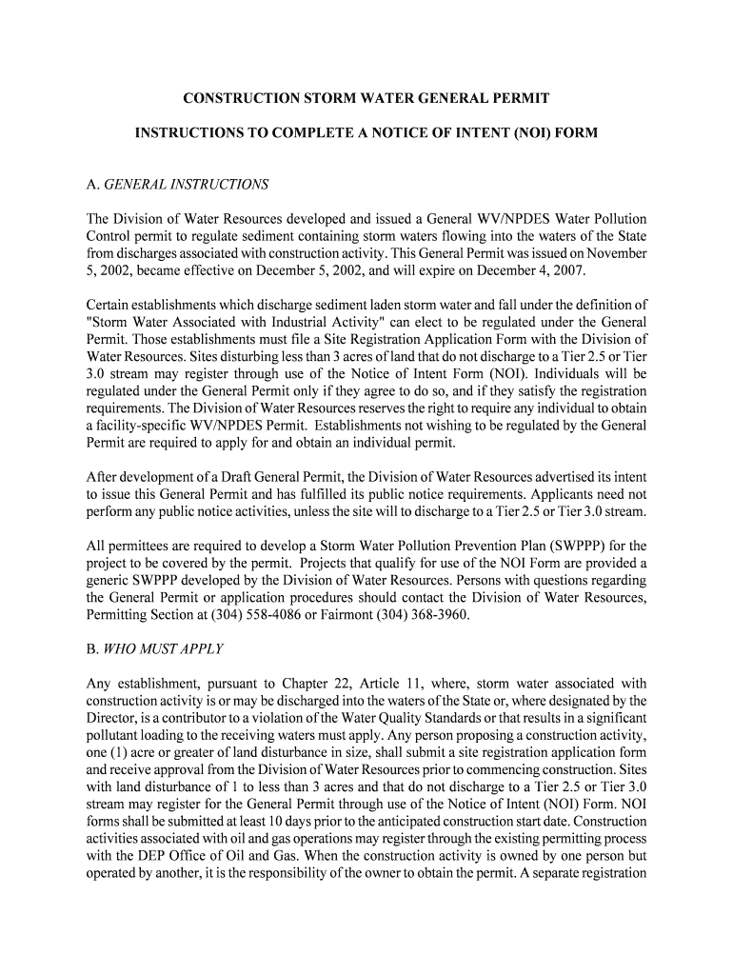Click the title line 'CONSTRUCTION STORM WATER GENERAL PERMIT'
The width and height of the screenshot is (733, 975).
[x=366, y=99]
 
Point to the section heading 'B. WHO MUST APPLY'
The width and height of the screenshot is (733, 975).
[x=155, y=649]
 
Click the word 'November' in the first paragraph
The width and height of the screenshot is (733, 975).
[x=618, y=254]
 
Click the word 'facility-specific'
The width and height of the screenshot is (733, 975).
[x=146, y=426]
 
